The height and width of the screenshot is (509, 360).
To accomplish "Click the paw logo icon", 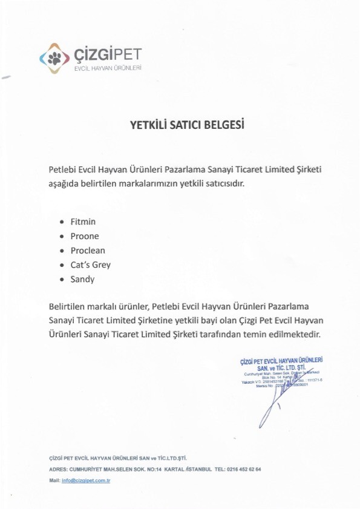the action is pyautogui.click(x=54, y=57).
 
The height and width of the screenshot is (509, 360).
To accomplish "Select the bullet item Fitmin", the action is pyautogui.click(x=83, y=222).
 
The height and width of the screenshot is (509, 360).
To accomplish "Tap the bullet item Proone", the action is pyautogui.click(x=85, y=236).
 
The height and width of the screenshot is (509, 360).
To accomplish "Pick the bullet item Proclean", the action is pyautogui.click(x=88, y=251).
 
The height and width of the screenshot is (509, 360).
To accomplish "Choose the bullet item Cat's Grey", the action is pyautogui.click(x=90, y=264).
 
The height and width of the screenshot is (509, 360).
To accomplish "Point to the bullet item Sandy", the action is pyautogui.click(x=82, y=279).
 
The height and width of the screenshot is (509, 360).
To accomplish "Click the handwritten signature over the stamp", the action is pyautogui.click(x=275, y=399).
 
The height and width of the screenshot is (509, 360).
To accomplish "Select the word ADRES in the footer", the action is pyautogui.click(x=57, y=469).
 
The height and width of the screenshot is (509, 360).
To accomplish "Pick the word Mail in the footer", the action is pyautogui.click(x=54, y=480).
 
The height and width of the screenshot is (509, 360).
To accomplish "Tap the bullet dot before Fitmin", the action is pyautogui.click(x=63, y=222).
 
